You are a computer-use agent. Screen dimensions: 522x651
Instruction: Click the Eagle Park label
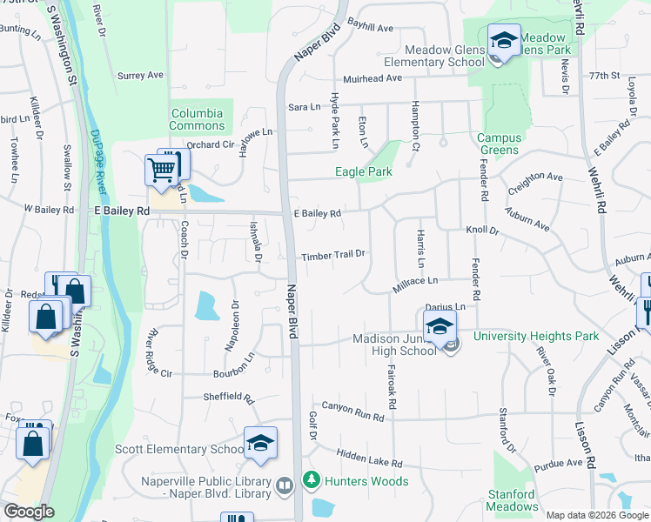pos(364,171)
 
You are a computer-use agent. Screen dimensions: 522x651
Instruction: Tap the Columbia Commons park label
pos(198,119)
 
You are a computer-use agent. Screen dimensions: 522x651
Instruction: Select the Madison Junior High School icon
pos(440,329)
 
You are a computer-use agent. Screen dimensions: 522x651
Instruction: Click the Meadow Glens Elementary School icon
pos(503,41)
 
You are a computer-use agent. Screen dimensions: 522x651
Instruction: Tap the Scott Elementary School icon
pos(260,444)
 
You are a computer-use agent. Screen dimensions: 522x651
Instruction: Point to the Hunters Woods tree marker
pos(311,479)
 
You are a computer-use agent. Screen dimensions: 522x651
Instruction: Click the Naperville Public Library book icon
pos(284,485)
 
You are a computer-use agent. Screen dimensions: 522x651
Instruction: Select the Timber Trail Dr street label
pos(332,256)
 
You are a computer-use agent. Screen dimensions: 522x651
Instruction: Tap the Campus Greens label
pos(500,144)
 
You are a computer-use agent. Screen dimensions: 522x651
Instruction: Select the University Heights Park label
pos(536,336)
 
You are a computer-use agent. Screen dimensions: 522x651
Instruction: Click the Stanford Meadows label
pos(512,500)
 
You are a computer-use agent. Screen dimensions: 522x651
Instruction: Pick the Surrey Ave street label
pos(141,76)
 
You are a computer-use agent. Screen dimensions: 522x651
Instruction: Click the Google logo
pos(29,512)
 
